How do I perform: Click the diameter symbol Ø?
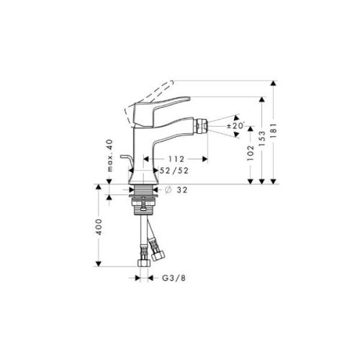click(167, 191)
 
